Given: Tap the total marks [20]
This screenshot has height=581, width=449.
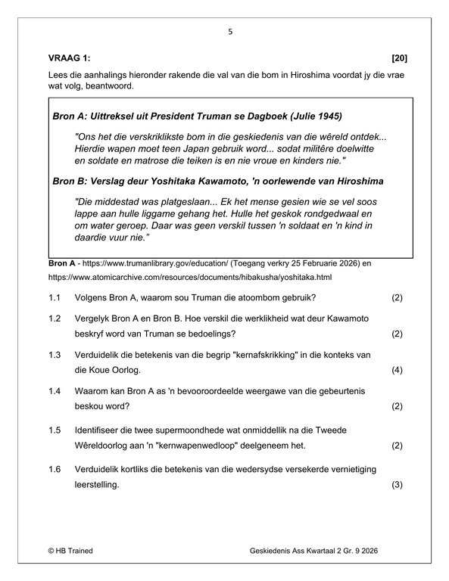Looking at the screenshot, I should coord(398,58).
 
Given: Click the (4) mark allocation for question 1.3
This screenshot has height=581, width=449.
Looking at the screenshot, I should coord(398,371).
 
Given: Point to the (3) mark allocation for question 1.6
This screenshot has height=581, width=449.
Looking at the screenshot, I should coord(398,485).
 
